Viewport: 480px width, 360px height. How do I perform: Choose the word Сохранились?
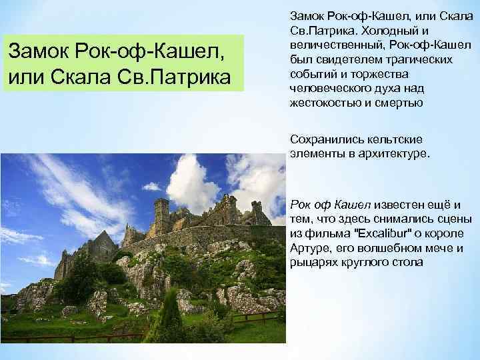click(x=323, y=139)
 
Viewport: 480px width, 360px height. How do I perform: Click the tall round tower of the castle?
click(x=161, y=214)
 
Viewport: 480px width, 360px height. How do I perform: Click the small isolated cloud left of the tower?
click(x=152, y=187)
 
